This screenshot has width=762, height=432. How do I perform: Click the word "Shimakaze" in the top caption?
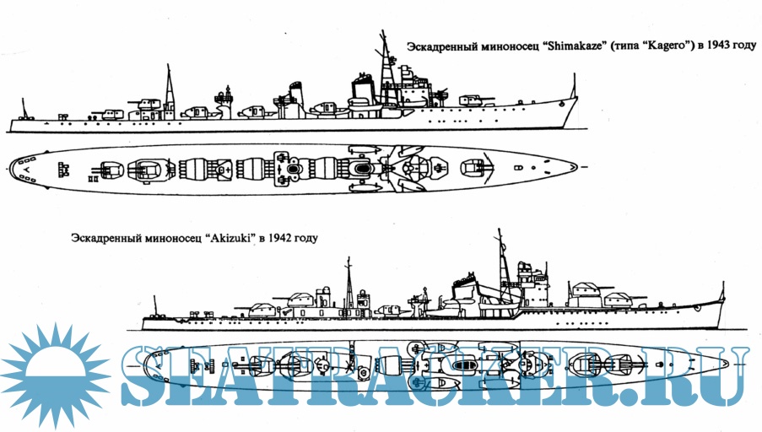pos(575,45)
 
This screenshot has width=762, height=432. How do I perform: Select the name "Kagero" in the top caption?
pos(663,45)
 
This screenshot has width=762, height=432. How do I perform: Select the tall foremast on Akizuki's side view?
pos(502,253)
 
